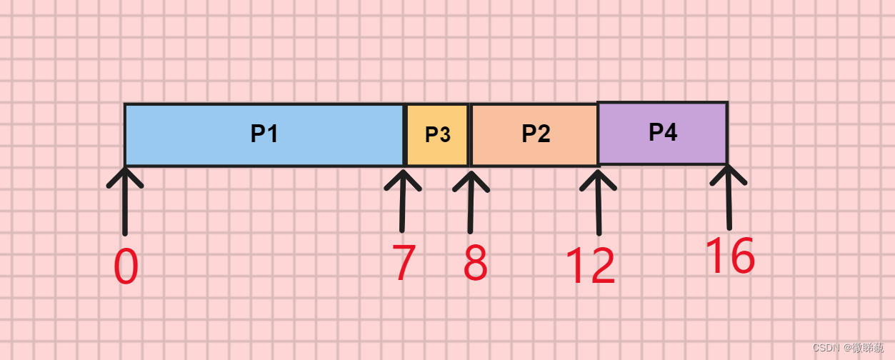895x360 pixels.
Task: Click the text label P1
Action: pyautogui.click(x=264, y=134)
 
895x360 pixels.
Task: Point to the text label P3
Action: pyautogui.click(x=437, y=135)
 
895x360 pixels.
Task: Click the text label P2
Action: pyautogui.click(x=536, y=134)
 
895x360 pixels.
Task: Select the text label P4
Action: pyautogui.click(x=663, y=133)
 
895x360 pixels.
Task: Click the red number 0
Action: pyautogui.click(x=126, y=267)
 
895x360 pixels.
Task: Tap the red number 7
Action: pyautogui.click(x=404, y=263)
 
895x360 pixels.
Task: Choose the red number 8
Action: pyautogui.click(x=475, y=263)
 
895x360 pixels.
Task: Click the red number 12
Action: pyautogui.click(x=590, y=266)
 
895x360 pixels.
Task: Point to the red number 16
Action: pyautogui.click(x=729, y=256)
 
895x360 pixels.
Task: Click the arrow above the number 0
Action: pyautogui.click(x=125, y=200)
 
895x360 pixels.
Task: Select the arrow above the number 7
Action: pyautogui.click(x=403, y=200)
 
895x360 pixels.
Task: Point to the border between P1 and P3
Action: pyautogui.click(x=405, y=135)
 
